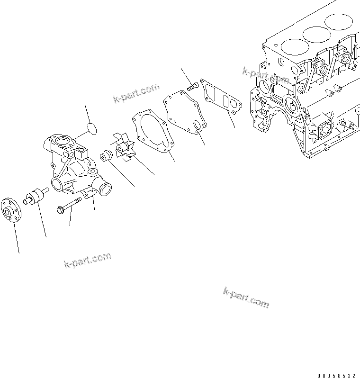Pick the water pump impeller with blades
coord(124,147)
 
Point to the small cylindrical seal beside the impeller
coord(105,155)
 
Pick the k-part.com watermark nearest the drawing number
coord(246,297)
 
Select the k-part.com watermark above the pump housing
coord(136,92)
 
